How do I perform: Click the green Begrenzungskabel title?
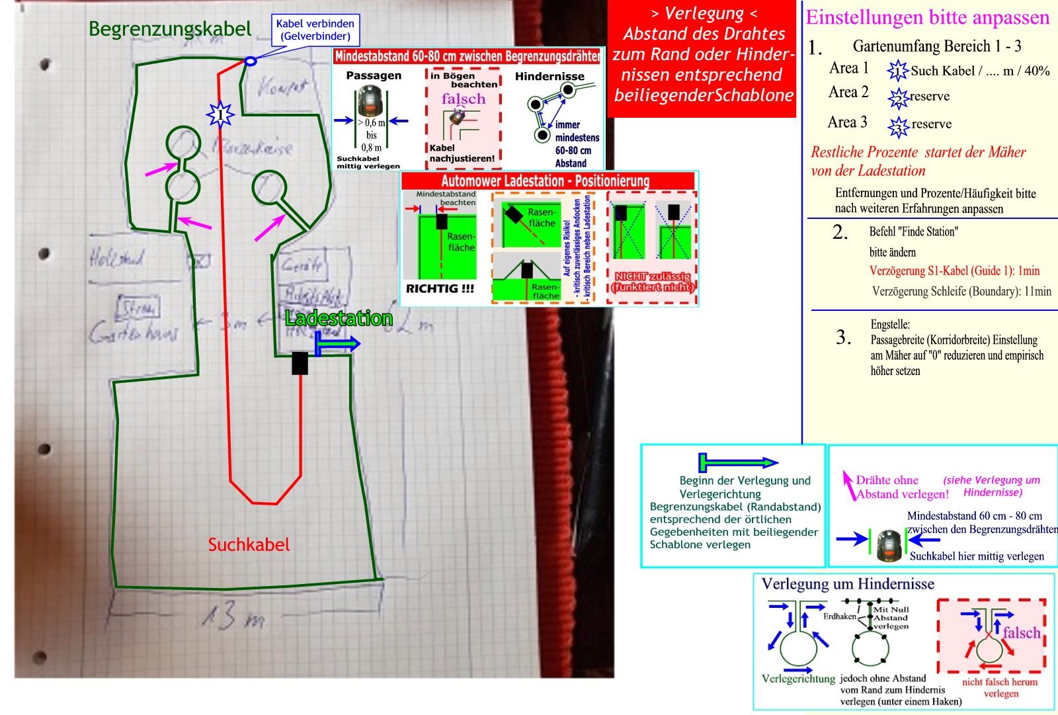pyautogui.click(x=170, y=28)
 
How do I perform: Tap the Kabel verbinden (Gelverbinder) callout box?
pyautogui.click(x=315, y=30)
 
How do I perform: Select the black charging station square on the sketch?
pyautogui.click(x=300, y=363)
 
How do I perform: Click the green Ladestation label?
pyautogui.click(x=339, y=318)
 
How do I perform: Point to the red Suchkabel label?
pyautogui.click(x=249, y=544)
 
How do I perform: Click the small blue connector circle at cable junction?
pyautogui.click(x=250, y=62)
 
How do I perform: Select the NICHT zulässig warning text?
pyautogui.click(x=653, y=282)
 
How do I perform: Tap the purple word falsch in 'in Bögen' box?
pyautogui.click(x=464, y=99)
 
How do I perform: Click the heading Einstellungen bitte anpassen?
pyautogui.click(x=928, y=17)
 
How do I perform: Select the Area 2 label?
pyautogui.click(x=848, y=92)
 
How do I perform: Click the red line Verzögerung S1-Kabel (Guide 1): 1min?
pyautogui.click(x=954, y=271)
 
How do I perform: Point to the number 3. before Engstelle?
pyautogui.click(x=843, y=337)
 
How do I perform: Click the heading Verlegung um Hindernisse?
pyautogui.click(x=848, y=584)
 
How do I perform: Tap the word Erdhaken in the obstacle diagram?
pyautogui.click(x=839, y=616)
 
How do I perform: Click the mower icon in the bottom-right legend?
pyautogui.click(x=889, y=544)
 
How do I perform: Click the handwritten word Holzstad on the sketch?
pyautogui.click(x=117, y=257)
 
